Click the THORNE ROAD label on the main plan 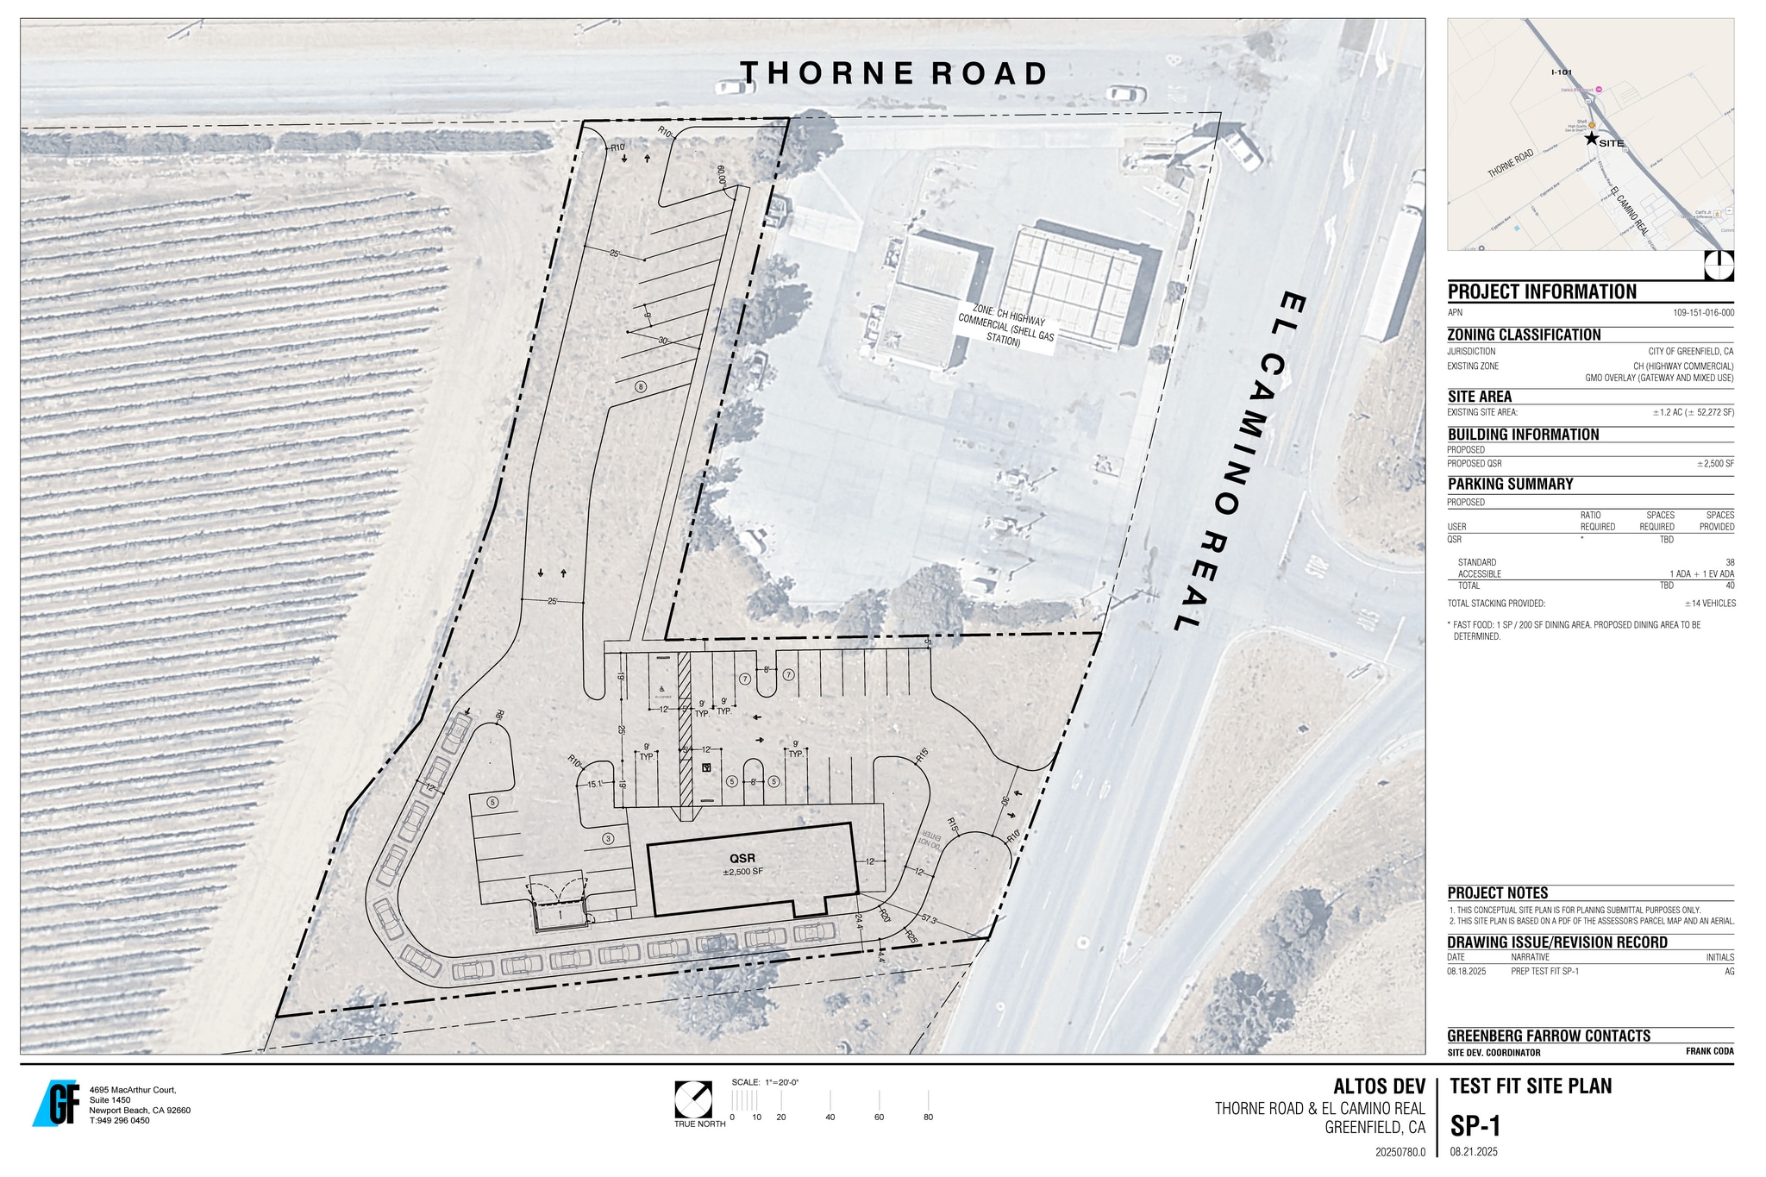coord(894,73)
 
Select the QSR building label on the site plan coord(742,859)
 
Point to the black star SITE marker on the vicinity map coord(1591,139)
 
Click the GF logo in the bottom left coord(57,1103)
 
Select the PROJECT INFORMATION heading coord(1542,291)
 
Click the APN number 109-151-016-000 coord(1703,313)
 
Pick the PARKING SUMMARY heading coord(1510,484)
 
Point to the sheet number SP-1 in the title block coord(1475,1126)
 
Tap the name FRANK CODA coord(1709,1051)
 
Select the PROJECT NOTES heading coord(1497,893)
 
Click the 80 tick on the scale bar coord(928,1117)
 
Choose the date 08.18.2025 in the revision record coord(1467,971)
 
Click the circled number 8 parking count coord(640,386)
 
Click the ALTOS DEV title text coord(1379,1086)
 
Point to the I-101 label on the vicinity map coord(1562,72)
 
